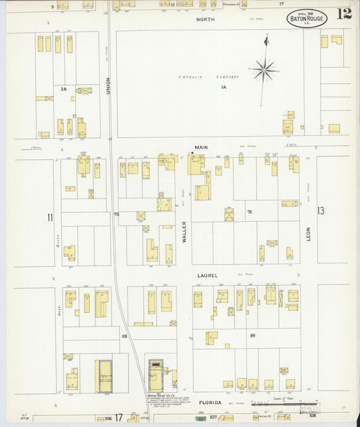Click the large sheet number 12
[344, 14]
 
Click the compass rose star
[264, 68]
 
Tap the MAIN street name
[201, 147]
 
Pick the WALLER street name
[183, 232]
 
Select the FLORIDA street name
[210, 402]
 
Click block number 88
[124, 335]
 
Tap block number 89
[252, 335]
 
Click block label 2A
[63, 89]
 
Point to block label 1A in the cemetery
[223, 86]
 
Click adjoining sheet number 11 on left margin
[49, 217]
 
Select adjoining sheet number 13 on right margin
[320, 211]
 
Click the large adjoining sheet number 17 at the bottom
[118, 418]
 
